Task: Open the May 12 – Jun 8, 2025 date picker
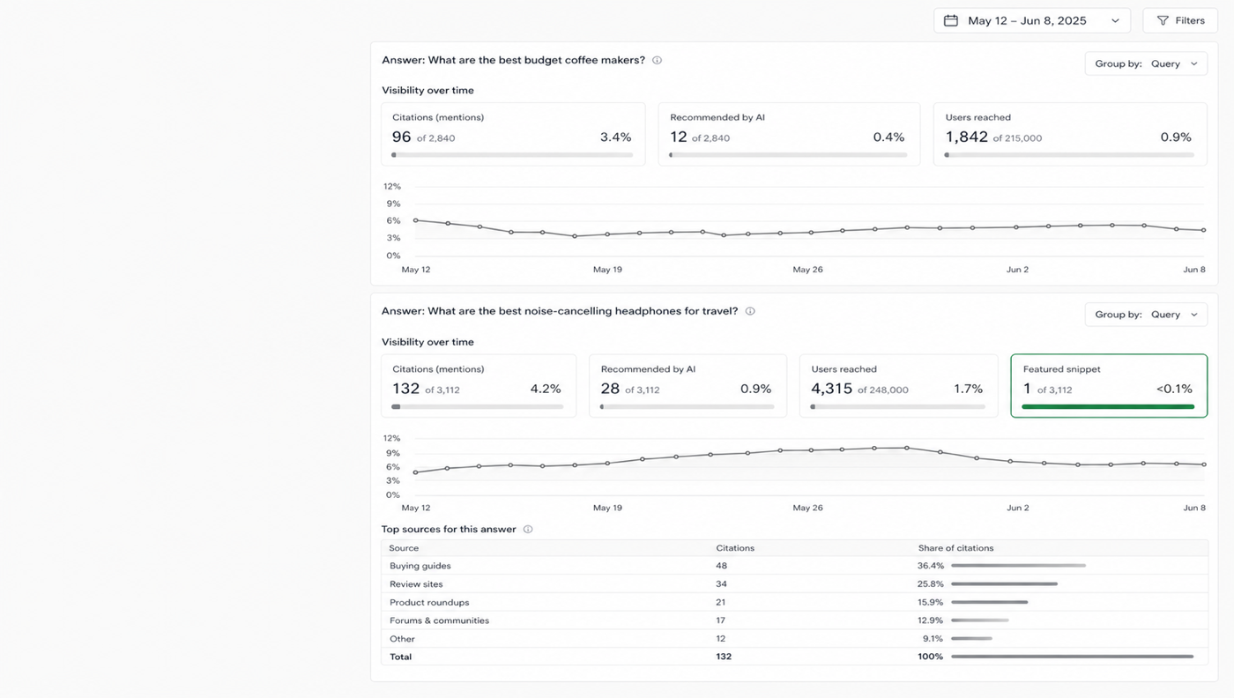1032,21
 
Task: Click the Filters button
1180,21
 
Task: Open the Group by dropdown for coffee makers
1146,64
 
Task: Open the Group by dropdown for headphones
1146,315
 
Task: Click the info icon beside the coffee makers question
657,61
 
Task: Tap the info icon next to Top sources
528,530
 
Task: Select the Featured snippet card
1109,386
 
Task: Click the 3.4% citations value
615,137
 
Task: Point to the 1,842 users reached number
966,137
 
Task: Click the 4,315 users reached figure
831,389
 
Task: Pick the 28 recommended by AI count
610,389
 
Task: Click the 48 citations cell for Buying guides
721,566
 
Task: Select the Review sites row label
416,584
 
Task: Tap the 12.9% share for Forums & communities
930,620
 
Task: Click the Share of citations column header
955,548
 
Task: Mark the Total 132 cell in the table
724,657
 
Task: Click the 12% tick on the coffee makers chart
392,187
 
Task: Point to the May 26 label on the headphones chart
807,508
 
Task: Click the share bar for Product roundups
989,602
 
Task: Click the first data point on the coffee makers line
415,220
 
